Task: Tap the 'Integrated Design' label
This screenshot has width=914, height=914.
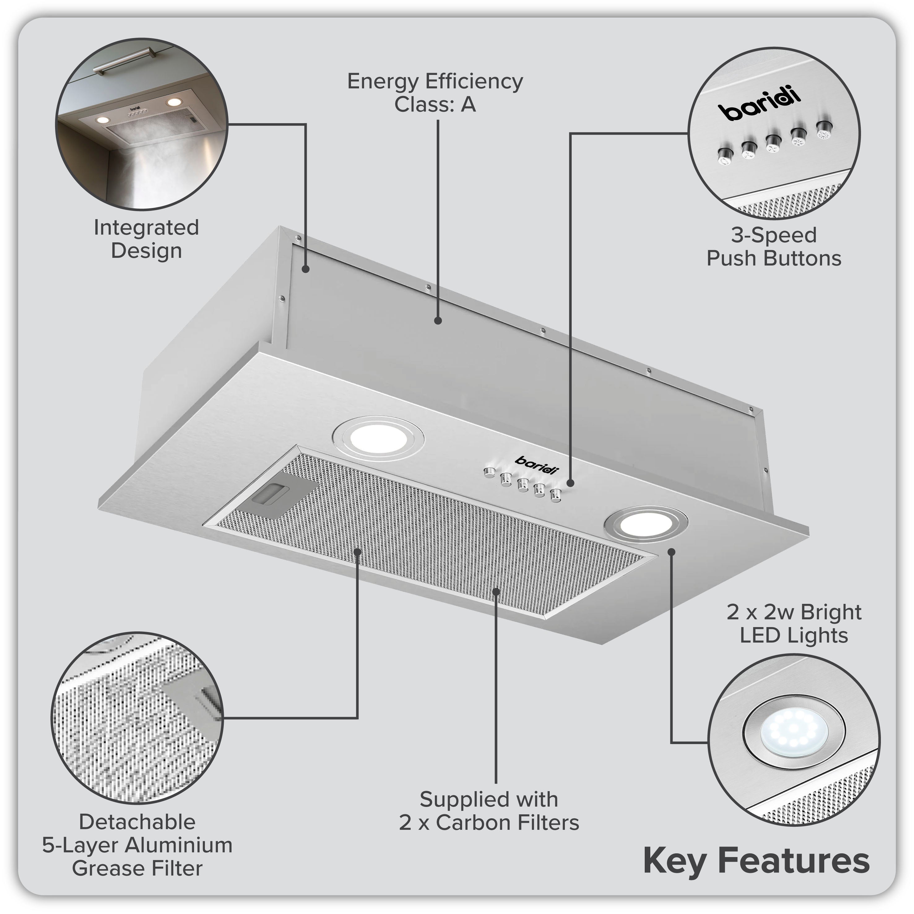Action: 146,239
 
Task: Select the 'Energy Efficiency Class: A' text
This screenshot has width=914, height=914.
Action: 435,93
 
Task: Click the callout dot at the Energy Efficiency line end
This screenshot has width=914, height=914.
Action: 438,321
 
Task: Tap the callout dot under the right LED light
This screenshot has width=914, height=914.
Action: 671,552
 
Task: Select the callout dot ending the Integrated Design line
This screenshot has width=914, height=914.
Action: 305,269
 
